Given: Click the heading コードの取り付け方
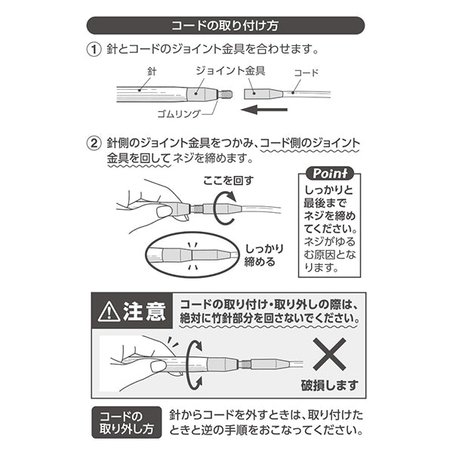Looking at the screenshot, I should click(226, 25).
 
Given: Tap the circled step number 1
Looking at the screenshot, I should click(94, 50).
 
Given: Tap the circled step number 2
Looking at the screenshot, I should click(94, 142).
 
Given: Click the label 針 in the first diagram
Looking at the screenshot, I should click(151, 71).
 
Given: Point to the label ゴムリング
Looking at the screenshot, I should click(178, 113).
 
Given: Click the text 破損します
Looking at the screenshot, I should click(331, 385).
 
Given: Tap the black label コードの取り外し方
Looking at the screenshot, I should click(126, 424).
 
